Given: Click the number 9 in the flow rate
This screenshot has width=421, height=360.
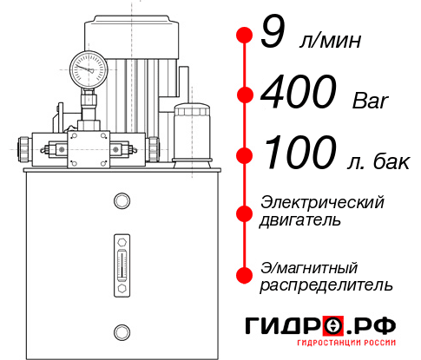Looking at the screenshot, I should coord(271,35).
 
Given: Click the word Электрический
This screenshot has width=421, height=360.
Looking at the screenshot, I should coord(322,202).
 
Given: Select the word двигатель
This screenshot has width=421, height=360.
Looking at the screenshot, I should coord(300,220).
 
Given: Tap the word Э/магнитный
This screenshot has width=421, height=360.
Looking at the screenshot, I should coord(309,266).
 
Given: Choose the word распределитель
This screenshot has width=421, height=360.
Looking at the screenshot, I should coord(326,285).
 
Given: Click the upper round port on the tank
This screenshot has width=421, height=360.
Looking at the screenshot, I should coord(121,202).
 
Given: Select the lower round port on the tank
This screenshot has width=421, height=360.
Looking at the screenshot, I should coord(121,330).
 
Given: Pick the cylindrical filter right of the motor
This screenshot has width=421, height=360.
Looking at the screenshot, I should coord(191,131).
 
